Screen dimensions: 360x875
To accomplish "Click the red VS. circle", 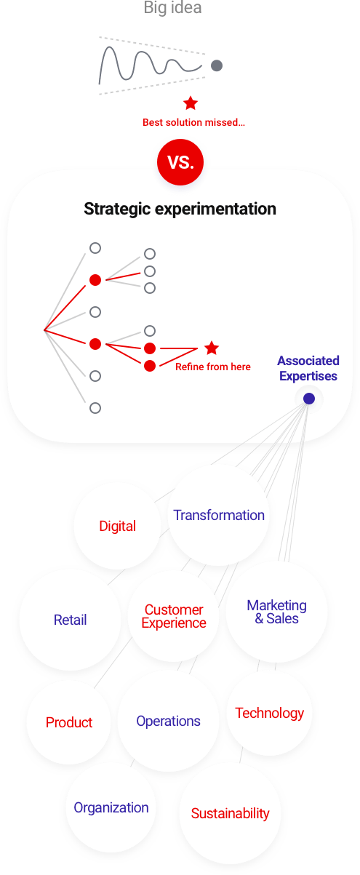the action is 180,162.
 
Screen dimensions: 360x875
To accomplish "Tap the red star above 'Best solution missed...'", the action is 191,103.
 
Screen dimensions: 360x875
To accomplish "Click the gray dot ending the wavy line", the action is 217,65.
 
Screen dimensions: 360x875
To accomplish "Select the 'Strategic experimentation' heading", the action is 180,209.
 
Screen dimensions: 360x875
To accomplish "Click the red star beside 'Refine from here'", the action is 212,348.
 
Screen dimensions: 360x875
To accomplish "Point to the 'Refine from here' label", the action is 213,367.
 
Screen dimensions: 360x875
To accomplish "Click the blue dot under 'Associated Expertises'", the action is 309,399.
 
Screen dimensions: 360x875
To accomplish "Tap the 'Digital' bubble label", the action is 118,526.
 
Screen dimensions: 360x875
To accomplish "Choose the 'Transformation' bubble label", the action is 219,515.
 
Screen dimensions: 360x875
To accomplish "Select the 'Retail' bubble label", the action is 71,620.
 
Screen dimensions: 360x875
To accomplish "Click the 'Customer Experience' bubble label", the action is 174,616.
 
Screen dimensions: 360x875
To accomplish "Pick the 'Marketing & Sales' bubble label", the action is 276,612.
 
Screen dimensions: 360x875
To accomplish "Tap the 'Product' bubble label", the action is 69,722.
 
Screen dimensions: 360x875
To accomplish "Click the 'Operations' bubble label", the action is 168,721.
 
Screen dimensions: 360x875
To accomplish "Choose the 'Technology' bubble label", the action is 269,713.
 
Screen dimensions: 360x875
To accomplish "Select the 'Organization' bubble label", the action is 111,807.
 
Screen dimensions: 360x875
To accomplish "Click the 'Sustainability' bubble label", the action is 230,813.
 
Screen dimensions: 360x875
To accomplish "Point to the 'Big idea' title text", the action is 172,7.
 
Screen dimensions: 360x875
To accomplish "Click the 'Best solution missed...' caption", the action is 193,122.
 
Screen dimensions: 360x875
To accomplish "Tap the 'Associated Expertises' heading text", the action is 308,368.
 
